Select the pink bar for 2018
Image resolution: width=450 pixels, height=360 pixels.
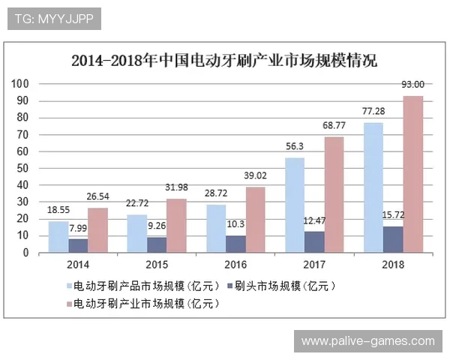[x=412, y=174]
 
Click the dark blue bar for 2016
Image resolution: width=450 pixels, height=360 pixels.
[x=236, y=244]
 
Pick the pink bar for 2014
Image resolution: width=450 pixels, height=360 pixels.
[x=98, y=230]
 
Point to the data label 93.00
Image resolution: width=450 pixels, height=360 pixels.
[x=412, y=85]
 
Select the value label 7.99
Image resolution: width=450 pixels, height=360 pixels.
[x=79, y=228]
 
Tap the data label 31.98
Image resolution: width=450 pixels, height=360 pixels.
[x=177, y=187]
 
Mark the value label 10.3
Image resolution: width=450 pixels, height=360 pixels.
[x=236, y=224]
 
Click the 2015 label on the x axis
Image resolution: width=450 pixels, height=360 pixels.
[x=157, y=265]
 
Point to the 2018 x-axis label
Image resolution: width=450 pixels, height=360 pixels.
[x=392, y=265]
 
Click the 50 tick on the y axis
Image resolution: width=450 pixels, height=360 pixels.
[x=22, y=168]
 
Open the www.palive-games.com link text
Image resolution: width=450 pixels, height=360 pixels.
[x=367, y=341]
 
